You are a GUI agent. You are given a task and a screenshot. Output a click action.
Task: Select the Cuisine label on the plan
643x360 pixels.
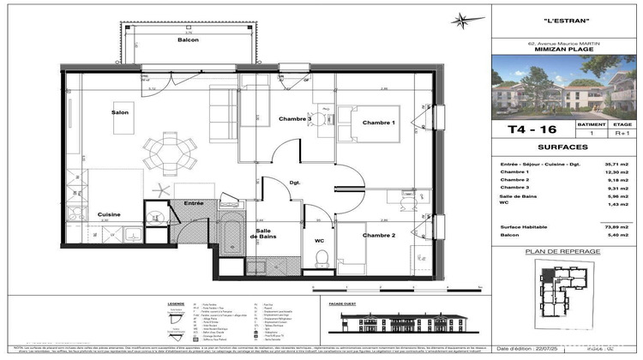coord(108,214)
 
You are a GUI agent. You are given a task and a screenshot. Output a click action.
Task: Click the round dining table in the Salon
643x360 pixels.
coord(161,154)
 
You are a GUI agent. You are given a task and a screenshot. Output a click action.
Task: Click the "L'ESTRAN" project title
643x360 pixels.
coord(566,21)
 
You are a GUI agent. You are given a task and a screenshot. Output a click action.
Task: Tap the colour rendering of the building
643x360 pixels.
coord(566,87)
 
